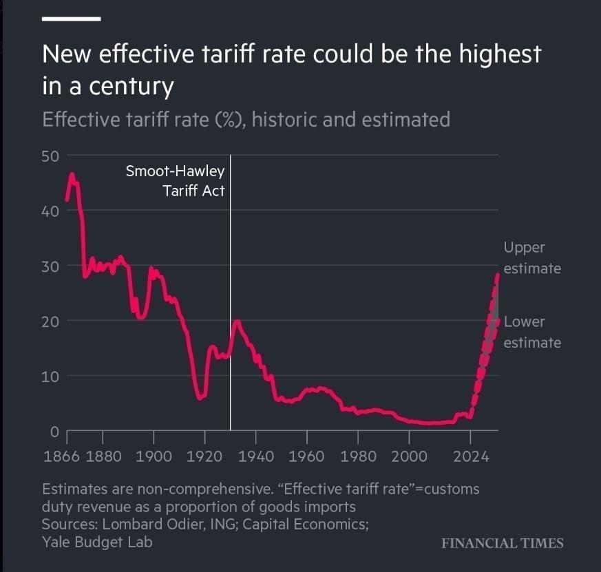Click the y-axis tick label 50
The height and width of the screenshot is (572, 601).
pyautogui.click(x=51, y=156)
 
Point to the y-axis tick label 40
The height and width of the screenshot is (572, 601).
pyautogui.click(x=51, y=211)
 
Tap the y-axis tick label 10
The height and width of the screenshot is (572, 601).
pyautogui.click(x=51, y=377)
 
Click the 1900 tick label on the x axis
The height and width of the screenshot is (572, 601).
pyautogui.click(x=154, y=456)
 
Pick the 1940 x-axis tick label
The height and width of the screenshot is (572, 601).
pyautogui.click(x=256, y=456)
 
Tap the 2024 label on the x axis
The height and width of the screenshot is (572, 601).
pyautogui.click(x=470, y=456)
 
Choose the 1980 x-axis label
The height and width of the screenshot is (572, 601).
pyautogui.click(x=358, y=456)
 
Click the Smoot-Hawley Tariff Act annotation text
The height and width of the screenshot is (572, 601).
pyautogui.click(x=175, y=181)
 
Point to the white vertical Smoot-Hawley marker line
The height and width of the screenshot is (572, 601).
pyautogui.click(x=230, y=310)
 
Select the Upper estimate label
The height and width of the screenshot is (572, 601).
pyautogui.click(x=531, y=257)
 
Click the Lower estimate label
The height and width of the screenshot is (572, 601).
pyautogui.click(x=531, y=332)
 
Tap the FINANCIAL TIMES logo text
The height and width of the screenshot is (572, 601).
pyautogui.click(x=503, y=543)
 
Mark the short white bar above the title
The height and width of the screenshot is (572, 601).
pyautogui.click(x=72, y=19)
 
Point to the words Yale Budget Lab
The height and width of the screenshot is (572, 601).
pyautogui.click(x=97, y=542)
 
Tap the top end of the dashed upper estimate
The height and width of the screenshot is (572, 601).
pyautogui.click(x=497, y=275)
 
